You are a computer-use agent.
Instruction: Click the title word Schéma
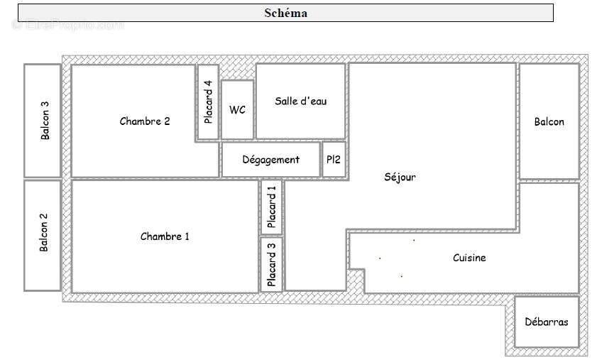pos(285,13)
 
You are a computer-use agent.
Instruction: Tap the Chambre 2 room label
pos(145,121)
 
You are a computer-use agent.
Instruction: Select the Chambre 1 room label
pos(165,236)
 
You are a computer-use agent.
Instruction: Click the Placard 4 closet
pos(207,102)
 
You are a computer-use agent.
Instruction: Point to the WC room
pos(237,110)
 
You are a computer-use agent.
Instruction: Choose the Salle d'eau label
pos(301,101)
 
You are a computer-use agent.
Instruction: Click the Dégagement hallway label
pos(271,160)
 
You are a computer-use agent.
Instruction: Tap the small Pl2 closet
pos(334,160)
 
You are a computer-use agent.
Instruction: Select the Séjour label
pos(399,178)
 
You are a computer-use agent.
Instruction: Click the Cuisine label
pos(469,258)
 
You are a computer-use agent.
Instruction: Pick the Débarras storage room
pos(546,322)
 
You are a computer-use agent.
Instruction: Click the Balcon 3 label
pos(45,121)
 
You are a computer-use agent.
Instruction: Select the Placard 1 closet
pos(271,207)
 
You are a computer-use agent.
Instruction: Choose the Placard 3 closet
pos(271,264)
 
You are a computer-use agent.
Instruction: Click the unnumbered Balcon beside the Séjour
pos(549,121)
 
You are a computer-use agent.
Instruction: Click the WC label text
pos(237,110)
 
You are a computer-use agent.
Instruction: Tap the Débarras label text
pos(546,322)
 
